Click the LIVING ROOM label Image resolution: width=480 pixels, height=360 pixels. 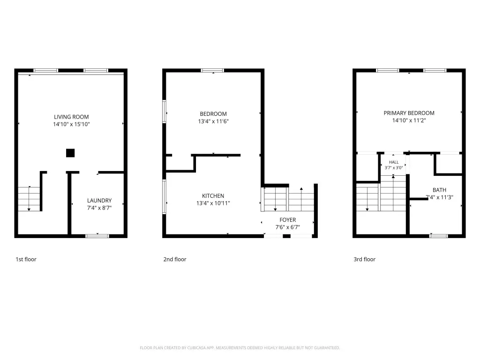(x=71, y=117)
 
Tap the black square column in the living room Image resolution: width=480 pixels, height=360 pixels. (x=70, y=153)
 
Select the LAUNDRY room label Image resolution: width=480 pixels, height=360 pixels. (x=99, y=201)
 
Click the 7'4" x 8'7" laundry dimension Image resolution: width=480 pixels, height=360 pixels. (x=99, y=208)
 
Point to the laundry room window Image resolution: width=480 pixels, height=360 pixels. (x=97, y=236)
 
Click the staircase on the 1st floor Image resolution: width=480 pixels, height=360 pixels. (x=29, y=199)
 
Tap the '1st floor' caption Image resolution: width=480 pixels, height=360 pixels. (x=26, y=259)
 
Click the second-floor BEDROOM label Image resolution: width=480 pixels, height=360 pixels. (x=213, y=114)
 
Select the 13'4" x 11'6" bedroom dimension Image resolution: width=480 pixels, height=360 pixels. (x=213, y=121)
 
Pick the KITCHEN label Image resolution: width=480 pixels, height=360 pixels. (x=213, y=195)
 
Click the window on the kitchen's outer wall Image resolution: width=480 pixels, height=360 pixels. (x=165, y=196)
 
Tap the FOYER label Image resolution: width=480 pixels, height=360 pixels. (x=288, y=220)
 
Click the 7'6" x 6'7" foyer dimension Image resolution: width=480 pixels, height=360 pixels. (x=288, y=227)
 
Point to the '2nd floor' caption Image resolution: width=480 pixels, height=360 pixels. (x=175, y=259)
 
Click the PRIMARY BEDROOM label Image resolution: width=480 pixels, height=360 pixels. (x=409, y=113)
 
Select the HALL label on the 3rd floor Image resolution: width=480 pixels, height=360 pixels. (x=394, y=162)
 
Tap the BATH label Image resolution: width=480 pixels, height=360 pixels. (x=439, y=190)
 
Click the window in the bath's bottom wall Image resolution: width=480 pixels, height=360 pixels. (x=439, y=236)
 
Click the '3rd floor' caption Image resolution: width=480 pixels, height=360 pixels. (x=365, y=259)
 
